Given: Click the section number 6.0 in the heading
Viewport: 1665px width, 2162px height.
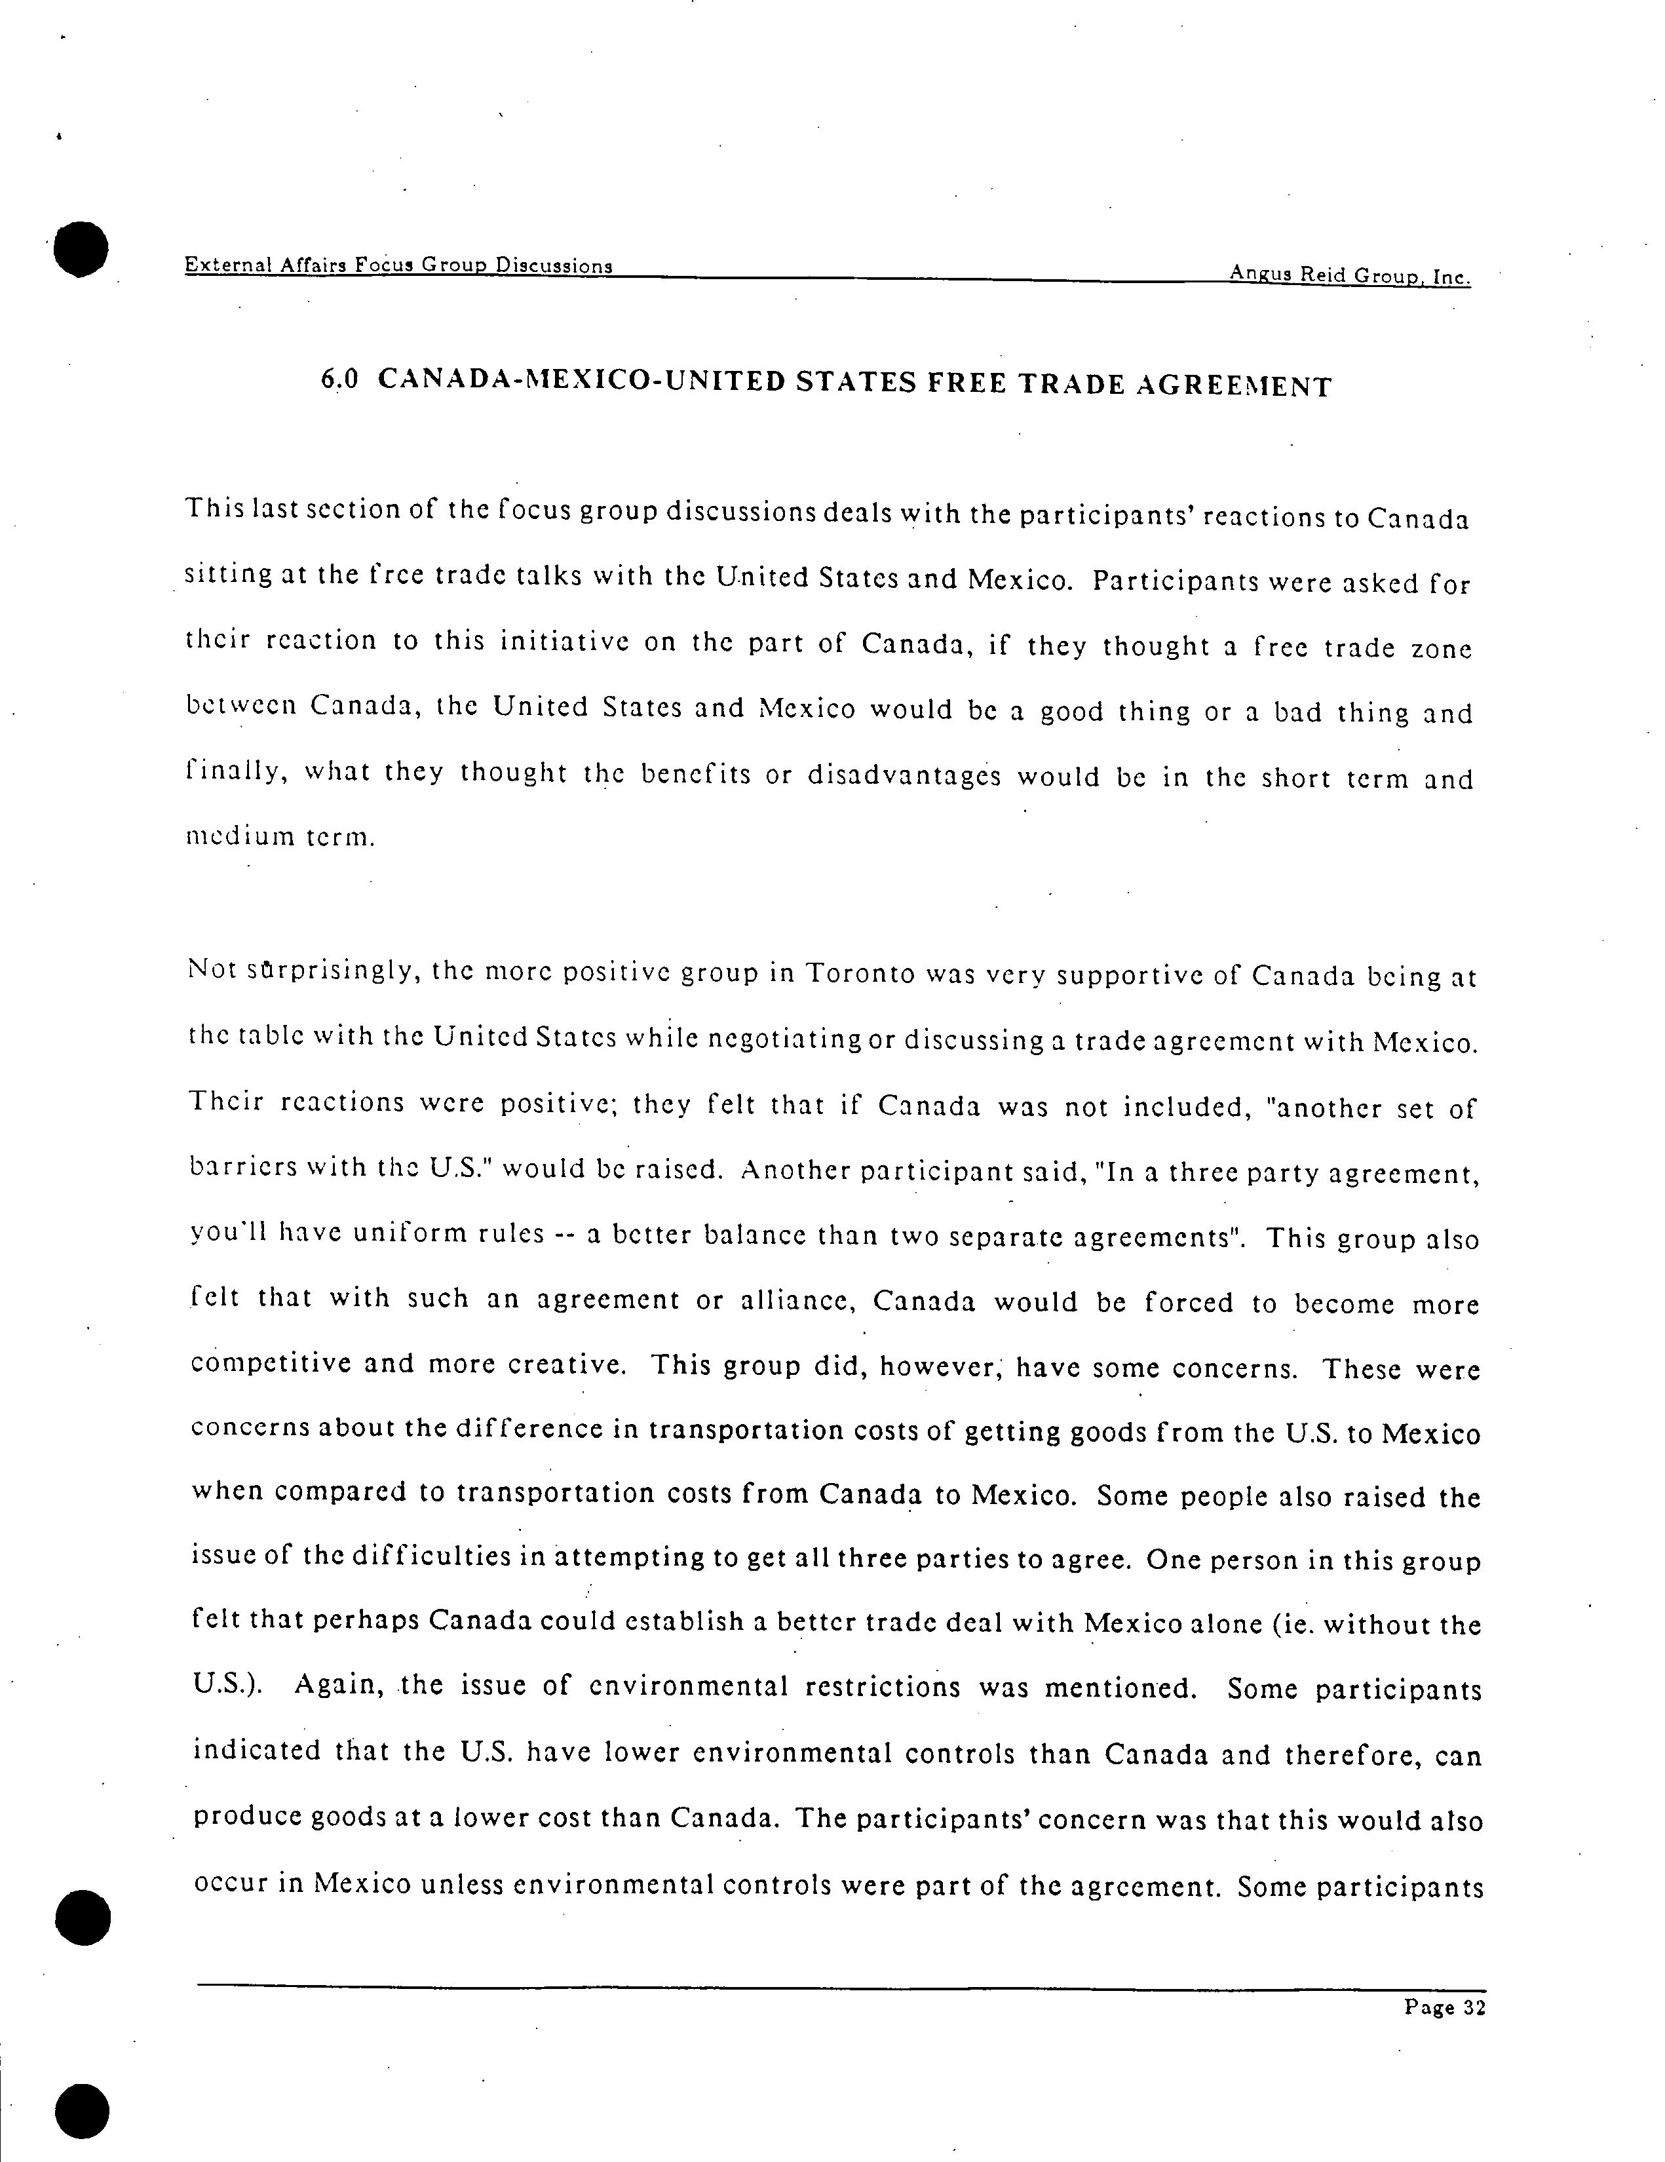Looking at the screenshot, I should [x=339, y=379].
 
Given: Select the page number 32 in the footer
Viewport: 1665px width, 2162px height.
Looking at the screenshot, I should [x=1474, y=2007].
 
